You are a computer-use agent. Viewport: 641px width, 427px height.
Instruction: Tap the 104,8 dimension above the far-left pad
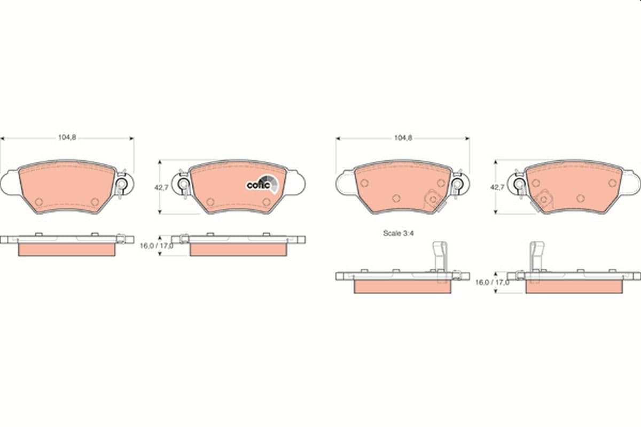point(67,137)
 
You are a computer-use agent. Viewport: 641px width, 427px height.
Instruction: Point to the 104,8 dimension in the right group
point(403,137)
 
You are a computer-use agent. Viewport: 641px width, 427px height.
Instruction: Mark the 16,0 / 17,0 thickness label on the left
point(156,246)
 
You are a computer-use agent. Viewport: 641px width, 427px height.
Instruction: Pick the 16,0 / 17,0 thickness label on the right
point(492,282)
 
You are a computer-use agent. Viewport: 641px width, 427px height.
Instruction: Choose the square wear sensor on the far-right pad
point(544,199)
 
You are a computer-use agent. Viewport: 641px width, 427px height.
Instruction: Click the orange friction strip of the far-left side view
point(67,250)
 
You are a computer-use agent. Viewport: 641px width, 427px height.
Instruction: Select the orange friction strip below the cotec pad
point(238,250)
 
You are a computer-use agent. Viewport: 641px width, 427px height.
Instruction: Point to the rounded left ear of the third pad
point(345,183)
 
